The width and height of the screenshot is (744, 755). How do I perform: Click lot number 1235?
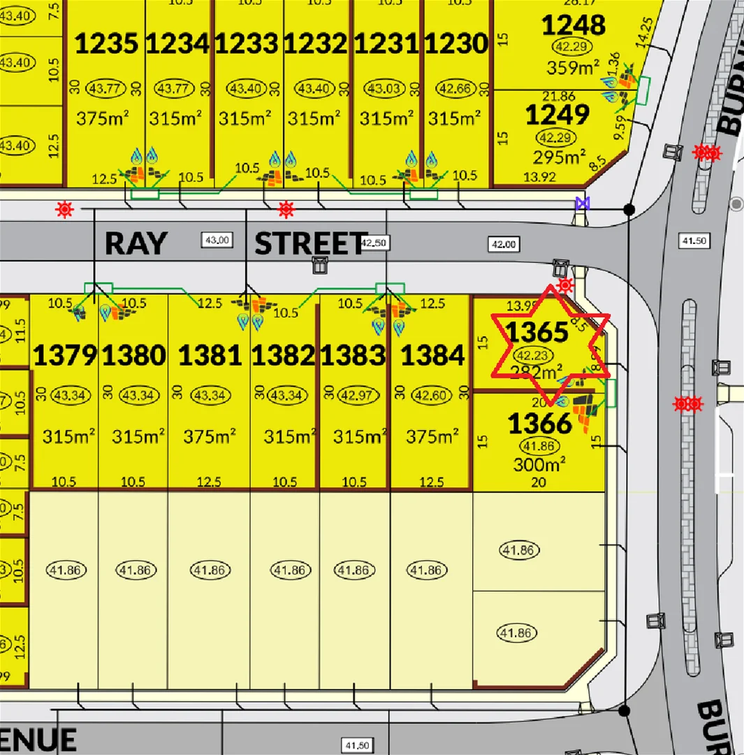pyautogui.click(x=106, y=44)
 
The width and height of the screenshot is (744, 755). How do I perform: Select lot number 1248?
pyautogui.click(x=574, y=26)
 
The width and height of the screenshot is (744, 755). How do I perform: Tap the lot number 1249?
pyautogui.click(x=557, y=113)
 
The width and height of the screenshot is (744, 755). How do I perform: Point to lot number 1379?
pyautogui.click(x=65, y=356)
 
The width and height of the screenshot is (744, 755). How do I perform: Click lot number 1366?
pyautogui.click(x=540, y=424)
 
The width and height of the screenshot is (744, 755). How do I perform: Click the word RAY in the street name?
pyautogui.click(x=136, y=244)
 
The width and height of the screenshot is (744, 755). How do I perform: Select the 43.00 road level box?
pyautogui.click(x=215, y=240)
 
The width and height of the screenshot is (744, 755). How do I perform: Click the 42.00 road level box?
pyautogui.click(x=504, y=244)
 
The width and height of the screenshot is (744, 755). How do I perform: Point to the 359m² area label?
pyautogui.click(x=574, y=68)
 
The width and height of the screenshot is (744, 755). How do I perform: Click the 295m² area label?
pyautogui.click(x=559, y=156)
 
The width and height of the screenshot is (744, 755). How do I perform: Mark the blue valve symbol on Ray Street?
pyautogui.click(x=581, y=203)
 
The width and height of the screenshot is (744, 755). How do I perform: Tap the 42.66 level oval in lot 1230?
pyautogui.click(x=456, y=89)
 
